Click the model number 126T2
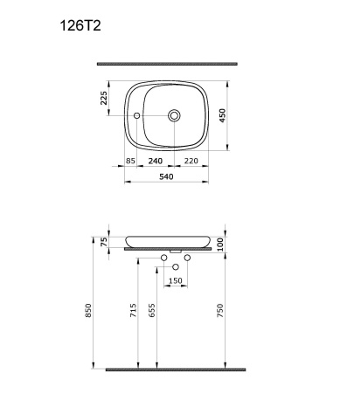click(x=80, y=26)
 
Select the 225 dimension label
click(x=105, y=98)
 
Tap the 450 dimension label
click(x=234, y=115)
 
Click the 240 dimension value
click(x=156, y=162)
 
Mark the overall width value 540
click(x=168, y=177)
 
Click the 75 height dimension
click(x=105, y=242)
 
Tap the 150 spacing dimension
click(x=176, y=280)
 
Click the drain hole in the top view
click(x=175, y=114)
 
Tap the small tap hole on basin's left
click(x=138, y=114)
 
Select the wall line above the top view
click(x=167, y=64)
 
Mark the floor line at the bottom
click(x=171, y=369)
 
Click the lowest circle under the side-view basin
click(x=176, y=265)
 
